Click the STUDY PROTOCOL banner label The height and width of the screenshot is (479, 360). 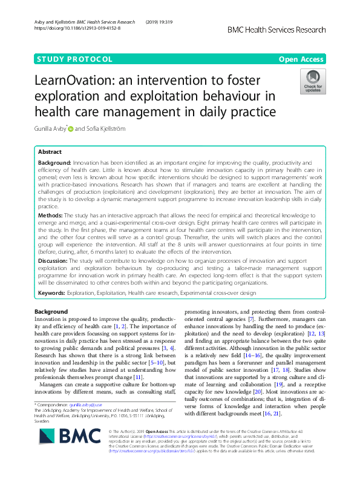[x=75, y=59]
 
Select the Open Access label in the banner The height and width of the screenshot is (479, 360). [x=303, y=59]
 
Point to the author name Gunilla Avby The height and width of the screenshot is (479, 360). [x=50, y=128]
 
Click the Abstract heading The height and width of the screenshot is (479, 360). [x=50, y=152]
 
